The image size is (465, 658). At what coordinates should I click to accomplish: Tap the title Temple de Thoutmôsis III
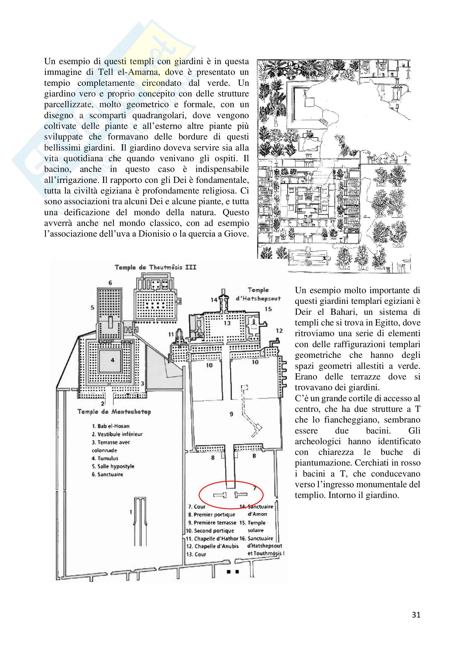click(155, 267)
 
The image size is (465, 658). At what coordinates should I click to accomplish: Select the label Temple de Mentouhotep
click(114, 412)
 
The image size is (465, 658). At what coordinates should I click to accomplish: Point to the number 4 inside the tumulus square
click(112, 360)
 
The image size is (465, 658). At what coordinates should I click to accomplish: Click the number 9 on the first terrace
click(231, 414)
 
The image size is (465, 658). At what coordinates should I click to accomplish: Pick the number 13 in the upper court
click(227, 323)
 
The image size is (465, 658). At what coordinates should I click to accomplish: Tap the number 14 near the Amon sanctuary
click(214, 300)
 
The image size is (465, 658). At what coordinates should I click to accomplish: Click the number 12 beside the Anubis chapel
click(279, 331)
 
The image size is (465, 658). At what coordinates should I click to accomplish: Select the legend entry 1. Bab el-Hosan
click(110, 426)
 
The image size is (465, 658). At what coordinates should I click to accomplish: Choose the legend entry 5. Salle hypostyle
click(113, 466)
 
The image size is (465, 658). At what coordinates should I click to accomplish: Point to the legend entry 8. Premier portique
click(212, 515)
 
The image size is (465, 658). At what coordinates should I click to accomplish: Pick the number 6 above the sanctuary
click(110, 283)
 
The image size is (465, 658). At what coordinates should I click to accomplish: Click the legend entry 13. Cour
click(196, 554)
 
